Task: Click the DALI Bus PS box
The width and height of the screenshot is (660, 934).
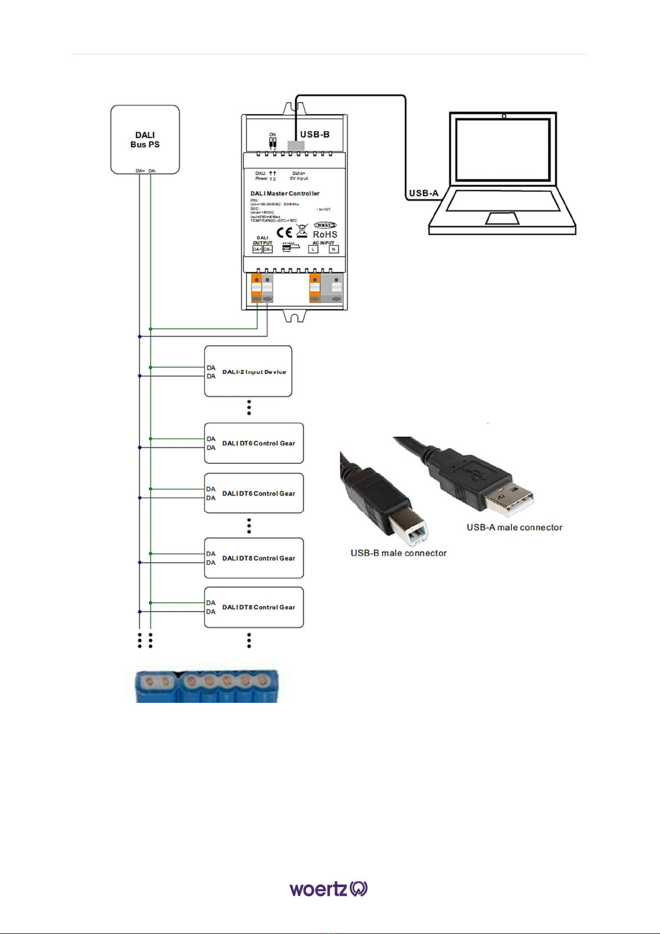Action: point(145,140)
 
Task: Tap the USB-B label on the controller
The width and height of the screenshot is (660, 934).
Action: point(315,135)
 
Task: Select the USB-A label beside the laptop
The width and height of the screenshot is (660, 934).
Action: point(423,193)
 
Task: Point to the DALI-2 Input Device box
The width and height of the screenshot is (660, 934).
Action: point(248,371)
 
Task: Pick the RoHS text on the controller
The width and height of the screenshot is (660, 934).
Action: point(325,234)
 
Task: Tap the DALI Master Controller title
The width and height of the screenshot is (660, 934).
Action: point(285,193)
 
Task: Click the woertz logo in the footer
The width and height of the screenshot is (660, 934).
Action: point(329,889)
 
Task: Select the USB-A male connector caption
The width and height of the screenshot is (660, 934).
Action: point(514,527)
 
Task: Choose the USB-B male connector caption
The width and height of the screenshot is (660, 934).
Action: point(398,553)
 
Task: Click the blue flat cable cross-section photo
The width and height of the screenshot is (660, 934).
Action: point(207,686)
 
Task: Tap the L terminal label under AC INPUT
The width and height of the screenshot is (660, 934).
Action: point(313,249)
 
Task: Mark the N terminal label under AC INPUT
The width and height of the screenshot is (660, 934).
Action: point(334,249)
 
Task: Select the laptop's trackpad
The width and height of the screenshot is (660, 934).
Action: point(502,218)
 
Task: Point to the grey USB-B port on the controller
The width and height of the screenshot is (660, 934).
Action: point(296,146)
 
